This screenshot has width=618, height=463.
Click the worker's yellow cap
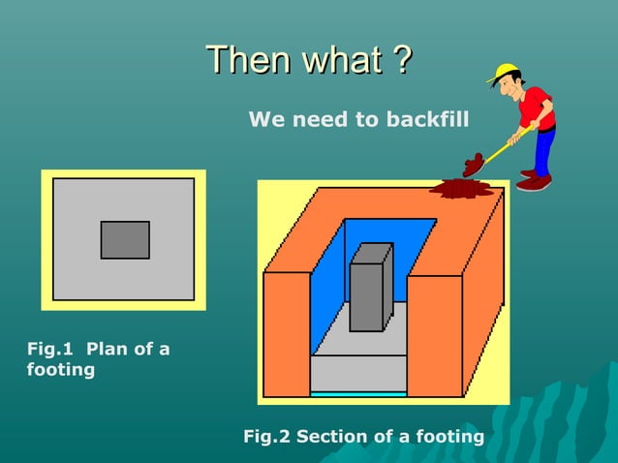(505, 73)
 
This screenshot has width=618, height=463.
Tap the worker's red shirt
(536, 107)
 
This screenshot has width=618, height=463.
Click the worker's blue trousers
(544, 150)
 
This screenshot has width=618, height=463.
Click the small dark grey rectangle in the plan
(125, 240)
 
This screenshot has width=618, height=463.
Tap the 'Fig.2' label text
(266, 437)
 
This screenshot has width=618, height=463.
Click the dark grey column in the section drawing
(367, 291)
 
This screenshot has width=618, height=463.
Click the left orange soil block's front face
(287, 334)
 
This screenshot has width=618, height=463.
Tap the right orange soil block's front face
(434, 334)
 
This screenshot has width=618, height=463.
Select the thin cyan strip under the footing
(358, 394)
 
